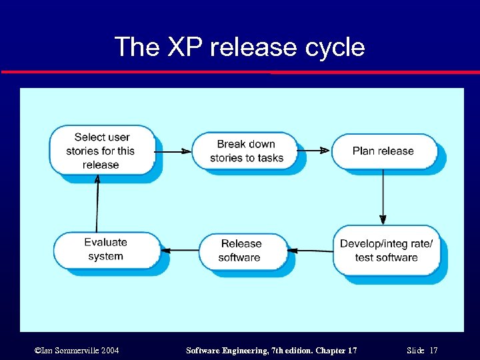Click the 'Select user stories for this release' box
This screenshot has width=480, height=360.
click(101, 151)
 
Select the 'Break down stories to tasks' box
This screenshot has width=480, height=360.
click(246, 151)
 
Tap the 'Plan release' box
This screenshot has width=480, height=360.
click(383, 151)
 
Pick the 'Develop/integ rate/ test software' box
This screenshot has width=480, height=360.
click(386, 251)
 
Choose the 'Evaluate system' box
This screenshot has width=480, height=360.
click(105, 249)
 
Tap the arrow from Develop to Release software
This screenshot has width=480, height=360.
click(313, 251)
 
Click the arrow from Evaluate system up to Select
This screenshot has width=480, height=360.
click(97, 203)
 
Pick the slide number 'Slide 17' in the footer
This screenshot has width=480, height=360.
click(421, 350)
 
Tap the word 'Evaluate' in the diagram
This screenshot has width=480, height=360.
click(105, 242)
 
